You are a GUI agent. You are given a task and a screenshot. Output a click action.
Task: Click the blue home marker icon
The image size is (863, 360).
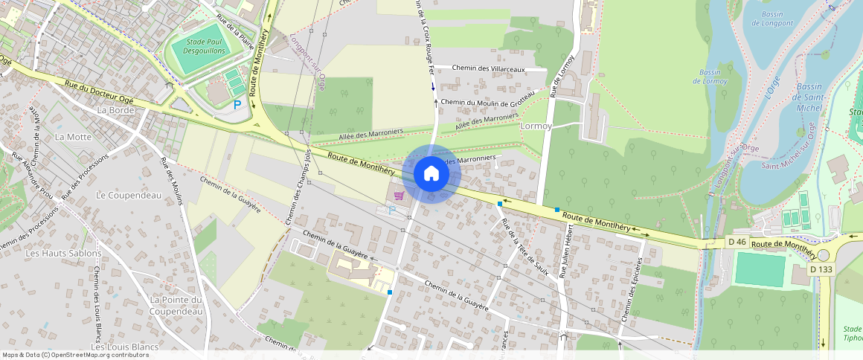431,174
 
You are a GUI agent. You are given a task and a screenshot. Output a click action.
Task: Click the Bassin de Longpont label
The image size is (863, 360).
777,19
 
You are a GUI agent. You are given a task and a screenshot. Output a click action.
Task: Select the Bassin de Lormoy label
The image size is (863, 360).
714,77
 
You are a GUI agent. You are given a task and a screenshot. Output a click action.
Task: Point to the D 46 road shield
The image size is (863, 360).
737,242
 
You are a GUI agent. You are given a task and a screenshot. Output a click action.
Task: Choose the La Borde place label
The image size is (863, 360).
115,110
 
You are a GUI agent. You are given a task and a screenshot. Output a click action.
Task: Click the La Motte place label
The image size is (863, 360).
73,137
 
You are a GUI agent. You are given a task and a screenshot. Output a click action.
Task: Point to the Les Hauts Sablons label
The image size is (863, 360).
63,253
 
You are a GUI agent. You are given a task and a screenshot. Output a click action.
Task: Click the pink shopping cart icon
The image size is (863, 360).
400,196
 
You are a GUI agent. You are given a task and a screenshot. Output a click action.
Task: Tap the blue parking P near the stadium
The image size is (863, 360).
237,106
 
